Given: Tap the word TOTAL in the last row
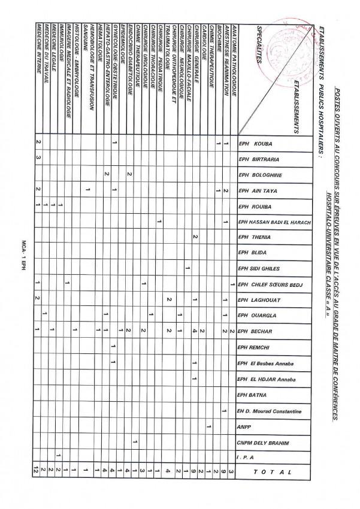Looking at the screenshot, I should click(273, 472).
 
